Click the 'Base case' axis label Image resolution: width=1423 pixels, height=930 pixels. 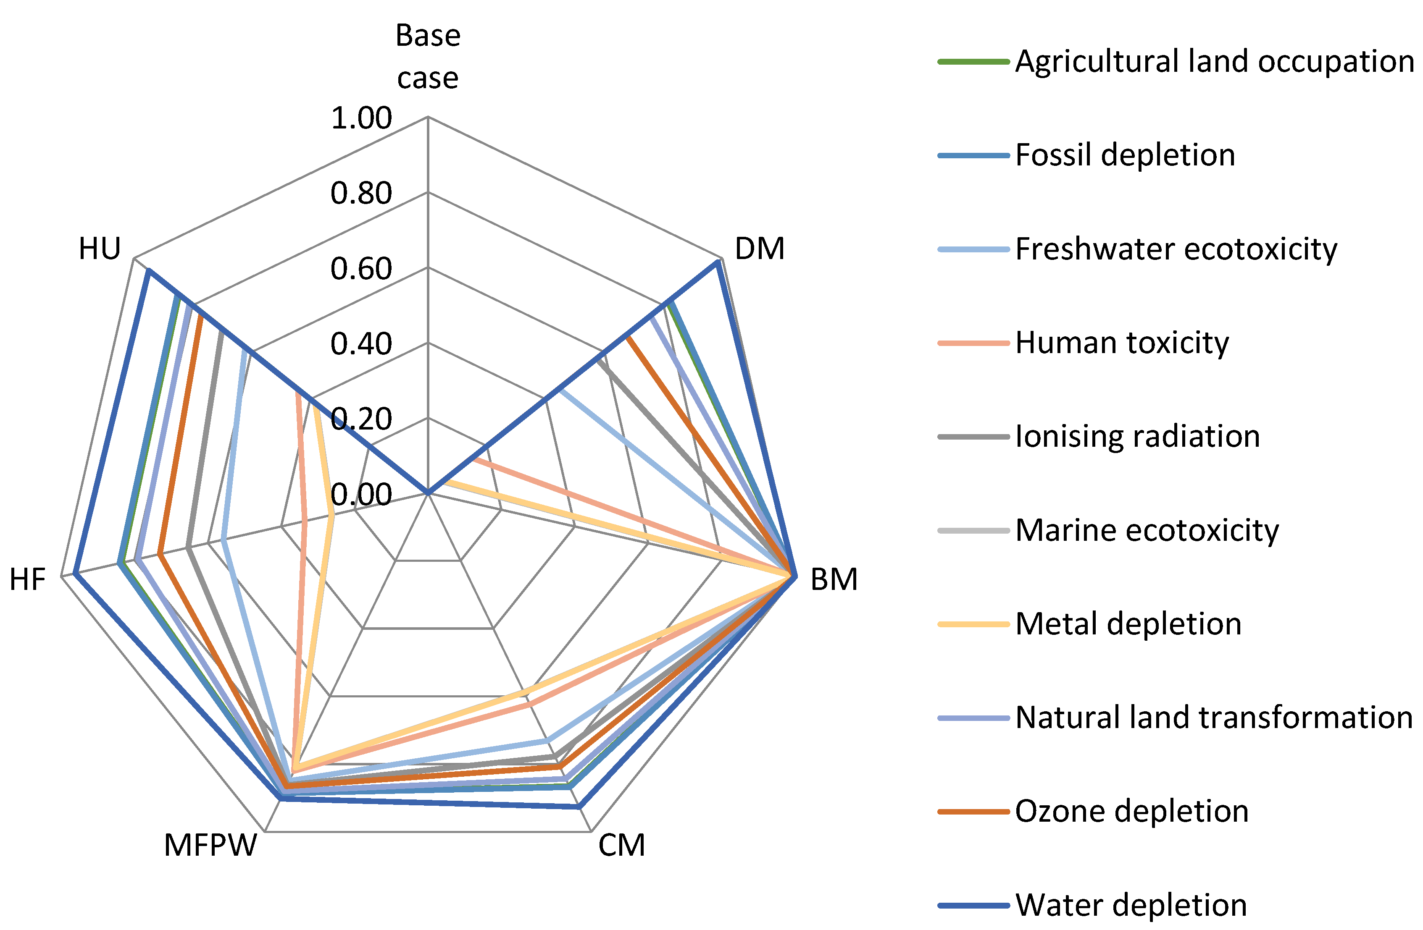click(x=428, y=57)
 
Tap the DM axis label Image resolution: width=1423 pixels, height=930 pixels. click(x=759, y=249)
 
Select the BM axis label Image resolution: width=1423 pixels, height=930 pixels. click(x=834, y=579)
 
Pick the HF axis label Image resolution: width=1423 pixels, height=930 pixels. click(x=27, y=579)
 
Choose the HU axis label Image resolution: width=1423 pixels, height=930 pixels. click(x=99, y=249)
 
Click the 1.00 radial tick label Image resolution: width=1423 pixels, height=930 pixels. click(x=361, y=118)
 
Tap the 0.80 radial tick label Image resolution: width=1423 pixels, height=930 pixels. click(x=361, y=193)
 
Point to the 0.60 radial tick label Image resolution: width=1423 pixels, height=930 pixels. click(x=361, y=268)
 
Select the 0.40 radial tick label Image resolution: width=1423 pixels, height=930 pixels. click(x=361, y=344)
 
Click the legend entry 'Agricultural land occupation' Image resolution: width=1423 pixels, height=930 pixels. click(x=1214, y=62)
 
